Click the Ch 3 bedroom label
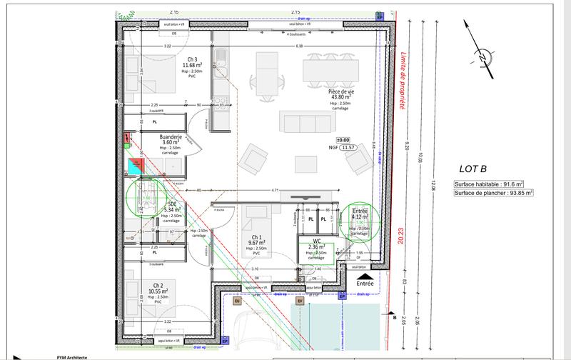point(191,59)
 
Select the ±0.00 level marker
point(343,140)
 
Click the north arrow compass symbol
point(484,55)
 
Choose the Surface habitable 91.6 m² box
point(493,184)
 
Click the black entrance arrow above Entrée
point(364,273)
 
